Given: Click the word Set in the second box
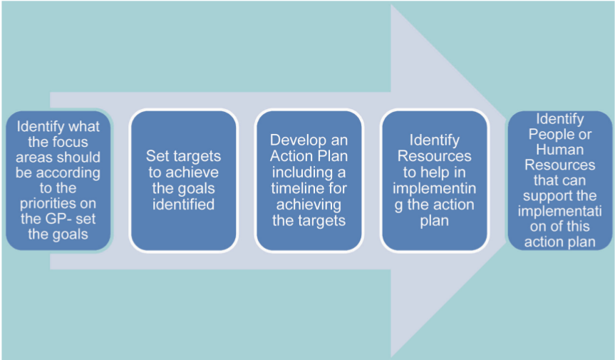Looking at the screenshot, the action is click(158, 156).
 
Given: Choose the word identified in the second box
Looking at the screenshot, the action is click(184, 205).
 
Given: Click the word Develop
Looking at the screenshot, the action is click(295, 140).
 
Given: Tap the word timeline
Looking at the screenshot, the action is click(297, 188).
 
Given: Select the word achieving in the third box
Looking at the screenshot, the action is click(309, 205).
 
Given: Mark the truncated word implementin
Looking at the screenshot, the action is click(434, 188).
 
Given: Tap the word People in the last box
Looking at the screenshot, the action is click(549, 135).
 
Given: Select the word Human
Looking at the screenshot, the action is click(559, 150).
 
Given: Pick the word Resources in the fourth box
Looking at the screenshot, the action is click(434, 156).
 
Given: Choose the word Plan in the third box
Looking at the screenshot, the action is click(334, 156).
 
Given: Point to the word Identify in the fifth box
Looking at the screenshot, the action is click(559, 119).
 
